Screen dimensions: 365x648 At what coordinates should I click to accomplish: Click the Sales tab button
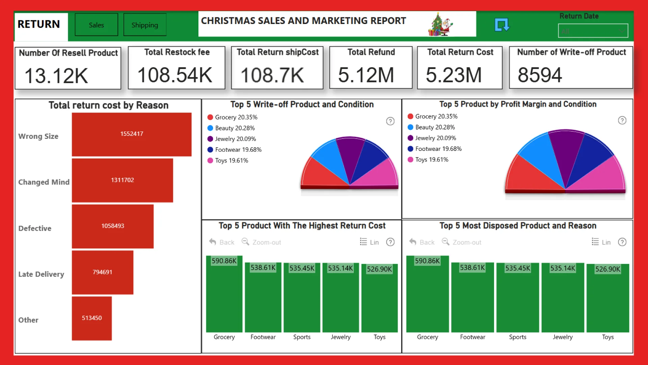pos(96,25)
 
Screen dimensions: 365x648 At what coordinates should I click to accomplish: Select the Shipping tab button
pos(145,25)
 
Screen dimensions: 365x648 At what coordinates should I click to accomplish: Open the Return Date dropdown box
pos(593,31)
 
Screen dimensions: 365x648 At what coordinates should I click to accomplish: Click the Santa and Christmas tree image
pos(440,24)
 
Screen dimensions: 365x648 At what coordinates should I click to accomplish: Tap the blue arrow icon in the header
pos(502,25)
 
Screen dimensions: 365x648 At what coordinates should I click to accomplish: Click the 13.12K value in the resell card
pos(56,75)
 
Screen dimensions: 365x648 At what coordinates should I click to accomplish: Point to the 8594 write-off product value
pos(540,75)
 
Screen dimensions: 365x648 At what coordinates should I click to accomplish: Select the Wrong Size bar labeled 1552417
pos(132,134)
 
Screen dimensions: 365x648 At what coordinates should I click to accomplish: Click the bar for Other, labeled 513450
pos(91,318)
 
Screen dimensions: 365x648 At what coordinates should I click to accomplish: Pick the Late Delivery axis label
pos(41,274)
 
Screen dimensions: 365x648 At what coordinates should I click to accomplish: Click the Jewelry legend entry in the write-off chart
pos(235,139)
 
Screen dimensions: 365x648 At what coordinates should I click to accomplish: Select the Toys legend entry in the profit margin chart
pos(431,160)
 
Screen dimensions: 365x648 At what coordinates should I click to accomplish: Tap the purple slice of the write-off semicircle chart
pos(350,152)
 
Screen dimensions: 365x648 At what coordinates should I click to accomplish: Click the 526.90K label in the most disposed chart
pos(607,269)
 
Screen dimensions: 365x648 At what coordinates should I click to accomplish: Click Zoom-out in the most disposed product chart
pos(467,242)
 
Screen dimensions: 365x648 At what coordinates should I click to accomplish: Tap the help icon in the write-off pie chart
pos(390,121)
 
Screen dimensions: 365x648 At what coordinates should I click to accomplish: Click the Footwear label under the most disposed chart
pos(473,337)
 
